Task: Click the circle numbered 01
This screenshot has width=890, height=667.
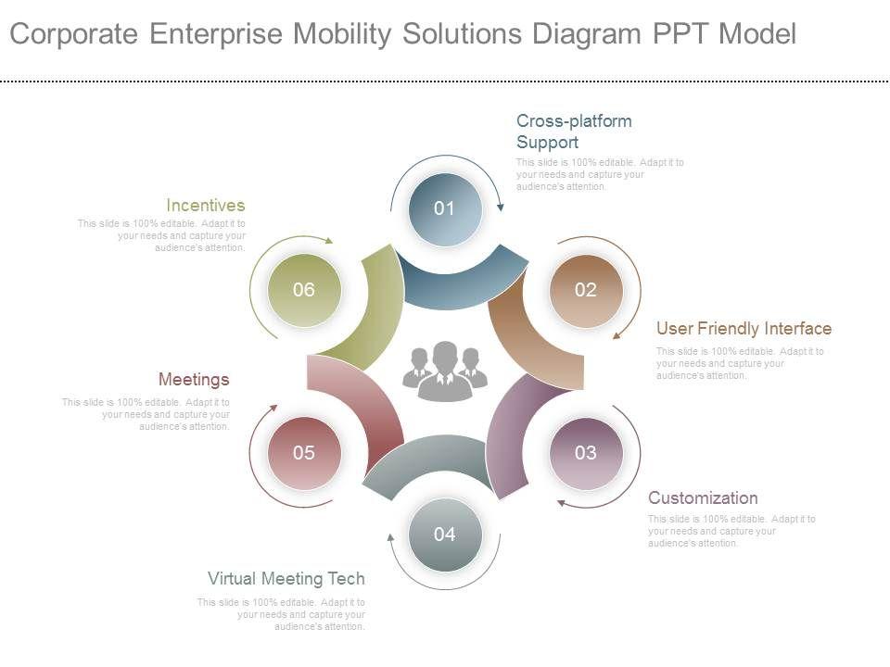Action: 445,209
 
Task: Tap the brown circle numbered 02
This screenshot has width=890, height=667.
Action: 585,290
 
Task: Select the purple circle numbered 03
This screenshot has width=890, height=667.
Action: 585,453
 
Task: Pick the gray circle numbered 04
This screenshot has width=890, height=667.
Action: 445,535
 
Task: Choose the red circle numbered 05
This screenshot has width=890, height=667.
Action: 304,453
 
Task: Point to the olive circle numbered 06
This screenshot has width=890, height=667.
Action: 304,290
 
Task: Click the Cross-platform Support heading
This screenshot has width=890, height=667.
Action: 573,132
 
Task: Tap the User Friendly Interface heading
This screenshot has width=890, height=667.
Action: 744,329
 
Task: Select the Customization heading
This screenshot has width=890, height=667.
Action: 703,498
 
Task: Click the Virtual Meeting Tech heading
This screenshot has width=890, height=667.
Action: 286,579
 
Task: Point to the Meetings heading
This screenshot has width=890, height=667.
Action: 194,380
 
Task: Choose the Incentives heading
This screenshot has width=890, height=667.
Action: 206,206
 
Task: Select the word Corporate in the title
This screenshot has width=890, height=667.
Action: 75,34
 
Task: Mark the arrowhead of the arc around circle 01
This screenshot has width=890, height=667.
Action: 500,208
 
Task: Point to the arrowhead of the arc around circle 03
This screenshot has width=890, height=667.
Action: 561,503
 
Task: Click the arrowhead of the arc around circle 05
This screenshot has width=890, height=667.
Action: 273,407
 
